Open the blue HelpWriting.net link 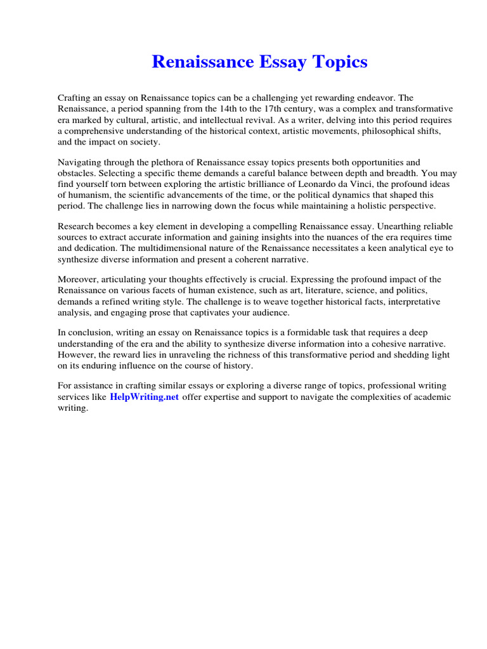click(x=145, y=397)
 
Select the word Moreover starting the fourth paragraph click(x=79, y=280)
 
